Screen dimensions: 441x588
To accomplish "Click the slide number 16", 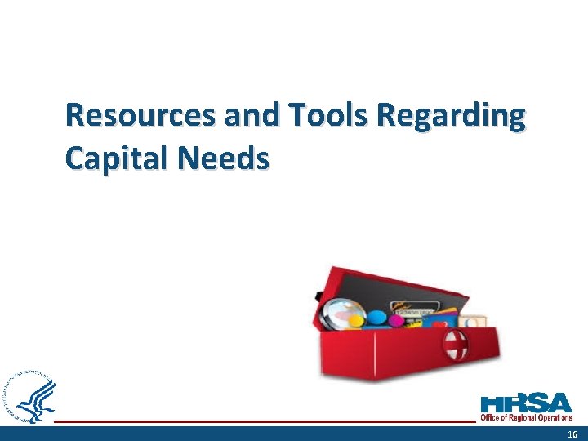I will pos(572,433).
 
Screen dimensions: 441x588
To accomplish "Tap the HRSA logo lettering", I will pos(527,403).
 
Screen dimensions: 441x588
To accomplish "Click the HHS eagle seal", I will pos(31,398).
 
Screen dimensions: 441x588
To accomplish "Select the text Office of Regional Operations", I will pos(526,418).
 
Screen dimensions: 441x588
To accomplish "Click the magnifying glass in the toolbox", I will pos(342,313).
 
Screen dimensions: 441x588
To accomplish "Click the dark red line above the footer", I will pos(261,421).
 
